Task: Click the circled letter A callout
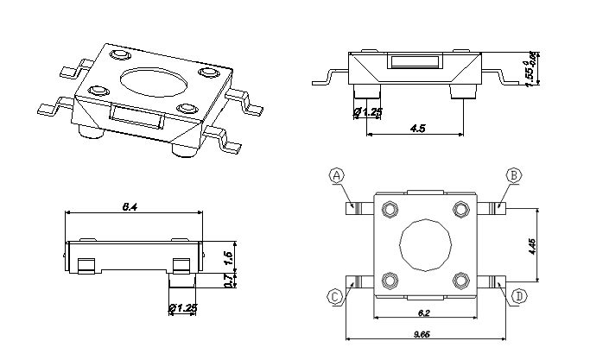pos(337,175)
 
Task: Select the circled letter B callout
pos(514,175)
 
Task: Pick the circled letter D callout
pos(519,296)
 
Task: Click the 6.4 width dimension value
pos(131,206)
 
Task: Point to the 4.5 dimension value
pos(418,129)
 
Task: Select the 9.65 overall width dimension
pos(422,333)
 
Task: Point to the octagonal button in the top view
pos(423,244)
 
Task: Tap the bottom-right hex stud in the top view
pos(459,280)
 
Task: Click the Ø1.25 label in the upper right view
pos(368,112)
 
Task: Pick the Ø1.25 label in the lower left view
pos(182,308)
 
